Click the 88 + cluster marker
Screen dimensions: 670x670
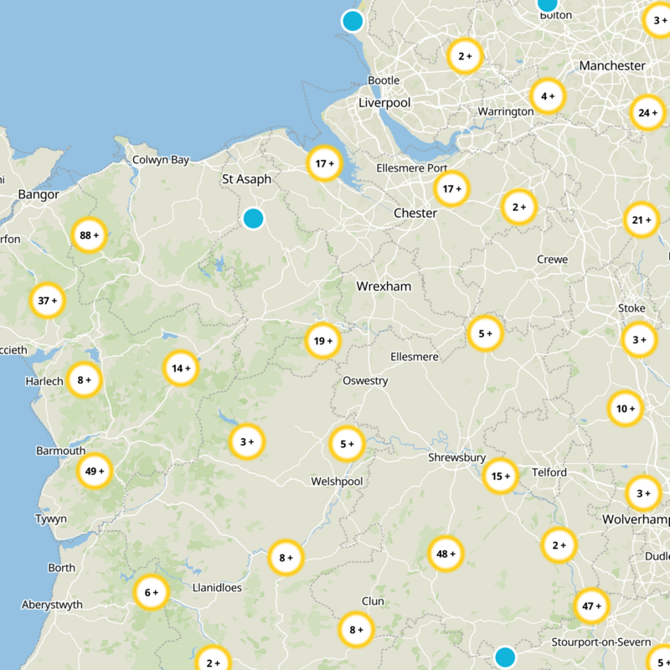pyautogui.click(x=89, y=235)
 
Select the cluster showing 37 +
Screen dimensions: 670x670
pyautogui.click(x=48, y=300)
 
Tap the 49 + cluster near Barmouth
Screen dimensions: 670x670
pyautogui.click(x=95, y=472)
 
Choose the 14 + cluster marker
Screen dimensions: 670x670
pyautogui.click(x=181, y=368)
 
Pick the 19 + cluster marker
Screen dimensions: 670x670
pyautogui.click(x=323, y=341)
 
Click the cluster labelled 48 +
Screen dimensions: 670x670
pyautogui.click(x=446, y=554)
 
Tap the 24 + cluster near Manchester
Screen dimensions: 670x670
pyautogui.click(x=647, y=113)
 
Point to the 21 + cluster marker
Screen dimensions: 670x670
pyautogui.click(x=642, y=220)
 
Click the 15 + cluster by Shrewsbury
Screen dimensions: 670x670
pyautogui.click(x=501, y=477)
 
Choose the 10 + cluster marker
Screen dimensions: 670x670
pyautogui.click(x=626, y=409)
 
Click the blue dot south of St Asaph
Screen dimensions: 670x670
pyautogui.click(x=253, y=219)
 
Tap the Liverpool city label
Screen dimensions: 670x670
pyautogui.click(x=384, y=102)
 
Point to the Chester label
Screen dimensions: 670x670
pyautogui.click(x=415, y=213)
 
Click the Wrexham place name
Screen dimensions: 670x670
pyautogui.click(x=384, y=286)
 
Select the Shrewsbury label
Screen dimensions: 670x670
pyautogui.click(x=457, y=457)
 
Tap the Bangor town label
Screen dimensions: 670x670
pyautogui.click(x=39, y=194)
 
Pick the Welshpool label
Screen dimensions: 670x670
pyautogui.click(x=337, y=482)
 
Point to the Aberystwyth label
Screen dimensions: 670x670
pyautogui.click(x=52, y=605)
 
